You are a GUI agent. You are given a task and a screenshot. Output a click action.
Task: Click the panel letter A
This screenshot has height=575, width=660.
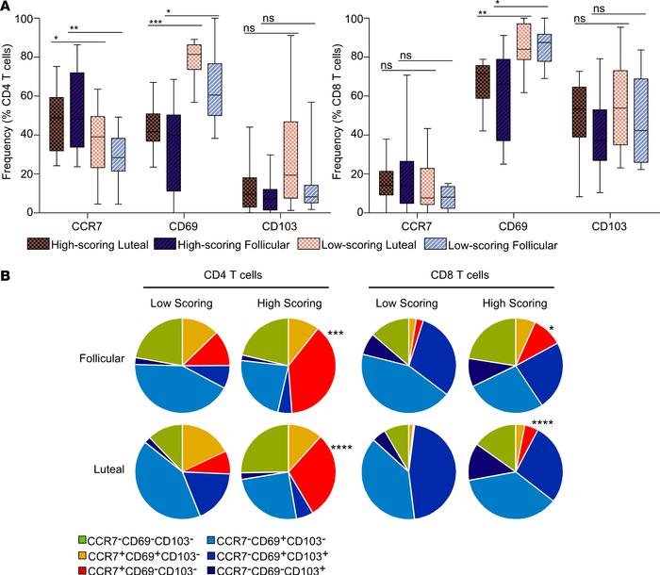8,8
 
